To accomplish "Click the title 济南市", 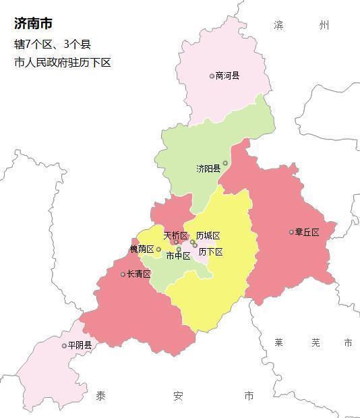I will (x=33, y=24).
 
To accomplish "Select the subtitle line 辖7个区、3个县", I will (x=53, y=44).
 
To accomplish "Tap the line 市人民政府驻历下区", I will (x=62, y=63).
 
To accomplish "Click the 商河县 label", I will (x=228, y=76).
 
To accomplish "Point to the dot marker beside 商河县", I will (x=212, y=76).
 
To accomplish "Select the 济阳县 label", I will (x=208, y=168).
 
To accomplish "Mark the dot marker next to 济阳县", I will (x=225, y=163).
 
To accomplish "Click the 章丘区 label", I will (x=307, y=232).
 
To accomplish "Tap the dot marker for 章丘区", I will (x=291, y=232).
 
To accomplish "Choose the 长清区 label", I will (x=139, y=274).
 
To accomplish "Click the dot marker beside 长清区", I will (x=123, y=274).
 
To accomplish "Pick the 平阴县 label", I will (x=80, y=345).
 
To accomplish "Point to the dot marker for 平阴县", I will (x=65, y=345).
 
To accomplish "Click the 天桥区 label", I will (x=175, y=235).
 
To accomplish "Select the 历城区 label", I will (x=208, y=235).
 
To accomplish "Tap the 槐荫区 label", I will (x=142, y=249).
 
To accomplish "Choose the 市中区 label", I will (x=178, y=256).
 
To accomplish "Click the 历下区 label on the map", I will (x=210, y=251).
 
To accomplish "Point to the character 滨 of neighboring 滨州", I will (x=279, y=26).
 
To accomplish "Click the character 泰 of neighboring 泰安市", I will (x=101, y=396).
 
